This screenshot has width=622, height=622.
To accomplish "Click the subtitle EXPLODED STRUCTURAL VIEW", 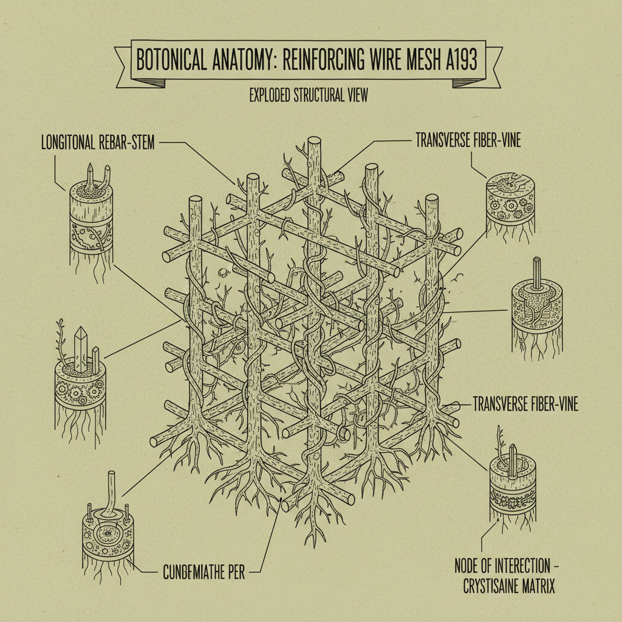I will point(309,96).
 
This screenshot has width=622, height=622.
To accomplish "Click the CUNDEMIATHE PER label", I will point(203,572).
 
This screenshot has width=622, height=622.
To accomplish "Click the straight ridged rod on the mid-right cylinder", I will point(536,271).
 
